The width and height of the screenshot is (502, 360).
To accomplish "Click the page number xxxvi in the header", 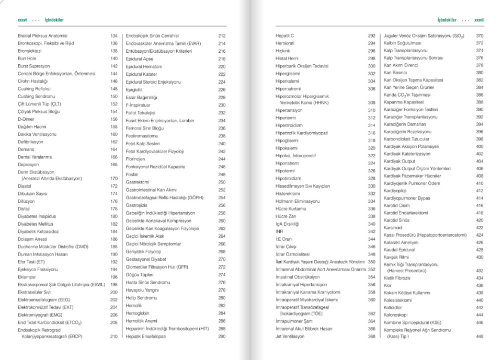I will (x=22, y=20).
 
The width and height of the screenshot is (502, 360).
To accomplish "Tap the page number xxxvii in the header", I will (x=479, y=20).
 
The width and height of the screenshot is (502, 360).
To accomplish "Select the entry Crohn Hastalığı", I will (x=32, y=82).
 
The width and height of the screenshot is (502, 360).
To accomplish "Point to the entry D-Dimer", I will (x=26, y=119).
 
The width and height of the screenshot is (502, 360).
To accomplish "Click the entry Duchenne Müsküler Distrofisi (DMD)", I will (x=53, y=247).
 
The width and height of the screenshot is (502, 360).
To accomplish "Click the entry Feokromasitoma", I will (x=142, y=136).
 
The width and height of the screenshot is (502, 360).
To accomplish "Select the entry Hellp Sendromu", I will (x=142, y=298).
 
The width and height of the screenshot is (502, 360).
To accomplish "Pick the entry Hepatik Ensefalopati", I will (x=146, y=336).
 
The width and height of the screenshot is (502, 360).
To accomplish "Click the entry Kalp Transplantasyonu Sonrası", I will (x=413, y=58).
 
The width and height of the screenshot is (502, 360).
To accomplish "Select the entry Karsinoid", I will (x=393, y=228).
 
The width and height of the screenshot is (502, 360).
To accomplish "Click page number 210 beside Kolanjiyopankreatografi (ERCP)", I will (x=113, y=337).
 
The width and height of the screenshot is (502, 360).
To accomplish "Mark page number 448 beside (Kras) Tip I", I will (x=480, y=337).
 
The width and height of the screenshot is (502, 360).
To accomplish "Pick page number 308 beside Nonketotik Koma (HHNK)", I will (x=371, y=103).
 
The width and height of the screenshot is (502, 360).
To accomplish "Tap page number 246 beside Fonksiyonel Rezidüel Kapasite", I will (x=222, y=167).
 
